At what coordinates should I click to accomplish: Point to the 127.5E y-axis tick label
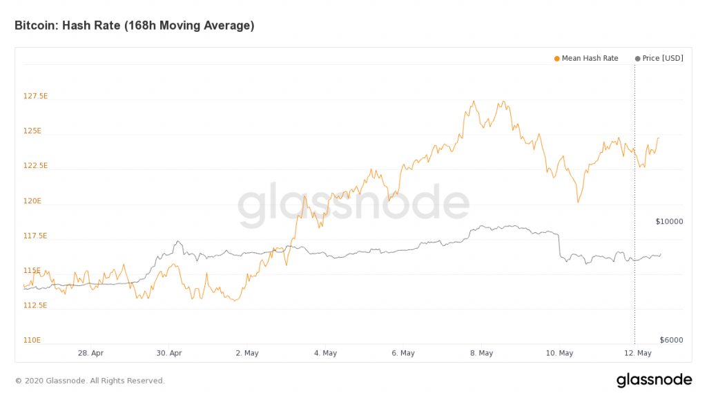35,96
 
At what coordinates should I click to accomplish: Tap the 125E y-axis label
32,131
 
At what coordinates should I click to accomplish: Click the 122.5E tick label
35,166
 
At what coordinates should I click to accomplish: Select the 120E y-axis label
32,201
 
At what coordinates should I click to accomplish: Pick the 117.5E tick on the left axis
35,236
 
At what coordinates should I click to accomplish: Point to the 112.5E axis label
35,305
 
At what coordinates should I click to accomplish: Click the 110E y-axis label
32,340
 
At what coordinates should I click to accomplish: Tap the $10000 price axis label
669,222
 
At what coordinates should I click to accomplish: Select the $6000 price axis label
671,340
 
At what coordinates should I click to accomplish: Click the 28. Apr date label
91,353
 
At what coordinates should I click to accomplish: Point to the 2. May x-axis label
247,353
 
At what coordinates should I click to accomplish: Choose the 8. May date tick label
481,353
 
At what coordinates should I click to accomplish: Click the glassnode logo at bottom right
654,380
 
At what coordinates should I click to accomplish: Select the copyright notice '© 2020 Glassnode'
90,381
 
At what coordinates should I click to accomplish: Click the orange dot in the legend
557,59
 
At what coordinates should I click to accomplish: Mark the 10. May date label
559,353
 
